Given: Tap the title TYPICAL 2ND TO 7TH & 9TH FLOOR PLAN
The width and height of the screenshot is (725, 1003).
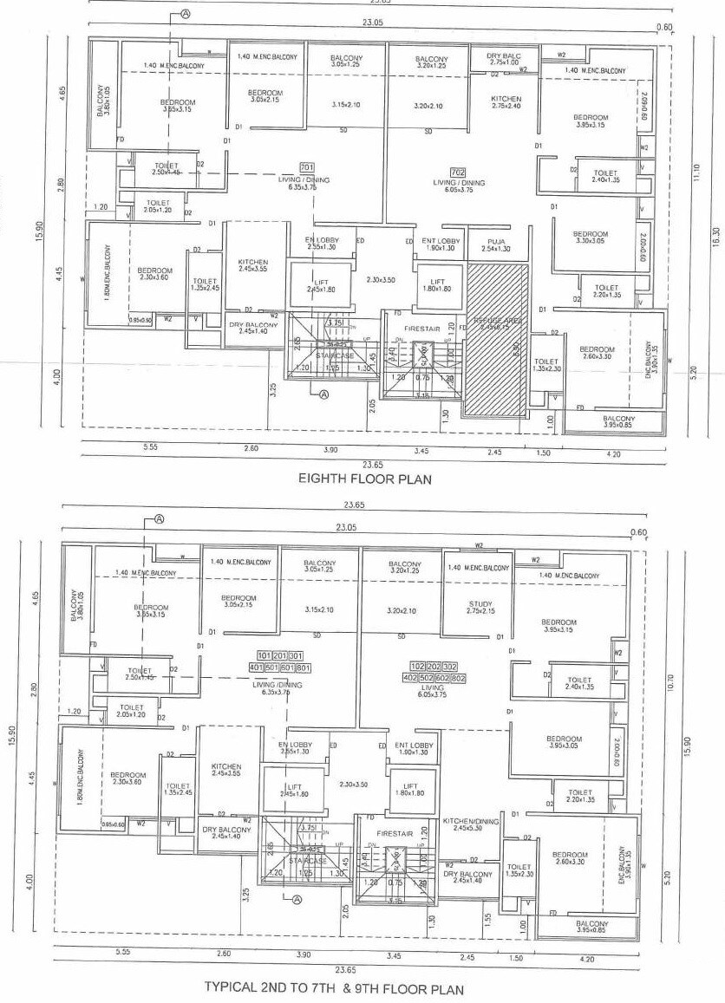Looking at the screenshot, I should pyautogui.click(x=334, y=988).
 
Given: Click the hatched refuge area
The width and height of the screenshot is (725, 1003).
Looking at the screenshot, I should pyautogui.click(x=497, y=338).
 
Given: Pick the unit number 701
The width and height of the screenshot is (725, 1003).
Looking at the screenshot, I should pyautogui.click(x=306, y=167).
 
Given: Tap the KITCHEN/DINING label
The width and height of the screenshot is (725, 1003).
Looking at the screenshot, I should pyautogui.click(x=471, y=824).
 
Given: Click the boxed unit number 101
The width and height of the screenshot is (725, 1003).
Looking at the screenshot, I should pyautogui.click(x=265, y=655).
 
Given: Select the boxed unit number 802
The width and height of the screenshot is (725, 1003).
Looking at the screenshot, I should pyautogui.click(x=459, y=679).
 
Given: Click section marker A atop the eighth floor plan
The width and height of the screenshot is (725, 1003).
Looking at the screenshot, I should pyautogui.click(x=186, y=15).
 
